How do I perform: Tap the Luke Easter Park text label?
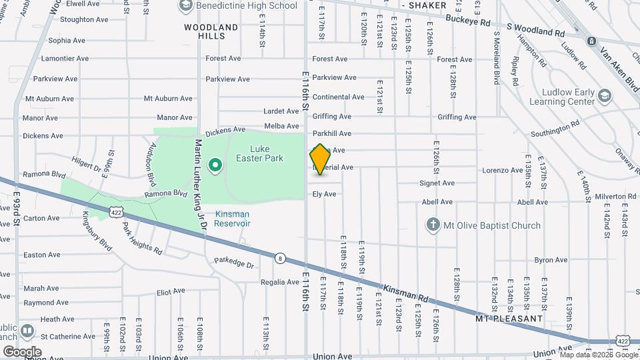(259, 153)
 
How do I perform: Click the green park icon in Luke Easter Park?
(215, 165)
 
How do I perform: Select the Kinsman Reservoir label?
(232, 219)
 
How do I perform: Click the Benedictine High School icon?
(185, 6)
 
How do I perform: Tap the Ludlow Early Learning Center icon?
(605, 95)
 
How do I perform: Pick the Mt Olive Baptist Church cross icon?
(433, 225)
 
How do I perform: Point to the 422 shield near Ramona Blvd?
(116, 213)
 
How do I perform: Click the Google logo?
(22, 351)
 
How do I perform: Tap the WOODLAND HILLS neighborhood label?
(211, 31)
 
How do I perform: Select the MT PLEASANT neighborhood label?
(509, 319)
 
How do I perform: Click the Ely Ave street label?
(325, 194)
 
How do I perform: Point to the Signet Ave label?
(437, 183)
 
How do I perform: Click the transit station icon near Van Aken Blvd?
(591, 41)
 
